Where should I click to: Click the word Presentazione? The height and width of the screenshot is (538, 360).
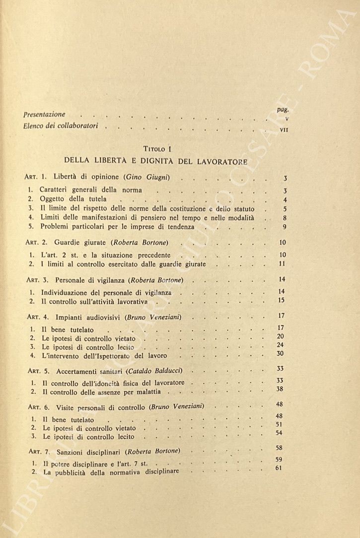[x=44, y=115]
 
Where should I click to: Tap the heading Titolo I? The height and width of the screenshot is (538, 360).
[x=156, y=148]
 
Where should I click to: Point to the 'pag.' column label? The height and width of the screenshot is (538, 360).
[x=283, y=110]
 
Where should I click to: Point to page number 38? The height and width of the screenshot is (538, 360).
[x=280, y=389]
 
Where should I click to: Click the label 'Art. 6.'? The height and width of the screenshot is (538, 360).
[x=36, y=407]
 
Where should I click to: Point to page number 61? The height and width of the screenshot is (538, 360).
[x=279, y=468]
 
